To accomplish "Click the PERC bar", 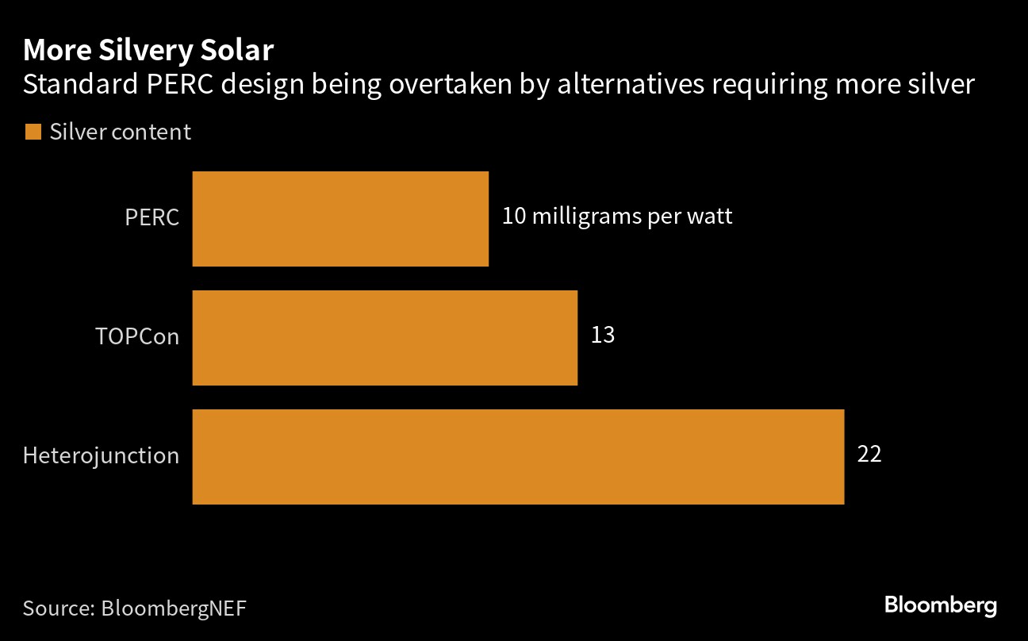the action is coord(340,219).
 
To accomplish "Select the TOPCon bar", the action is coord(385,338).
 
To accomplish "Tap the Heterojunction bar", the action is coord(518,457).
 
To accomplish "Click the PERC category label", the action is coord(152,217).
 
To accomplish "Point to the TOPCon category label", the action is coord(137,336).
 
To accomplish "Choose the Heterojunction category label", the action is coord(101,456).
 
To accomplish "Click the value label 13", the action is coord(603,335).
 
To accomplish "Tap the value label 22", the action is coord(869,455).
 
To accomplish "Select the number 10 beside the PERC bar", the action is coord(514,216).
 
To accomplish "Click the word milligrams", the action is coord(586,217).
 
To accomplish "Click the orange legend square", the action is coord(33,132).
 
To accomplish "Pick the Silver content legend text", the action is coord(121,132).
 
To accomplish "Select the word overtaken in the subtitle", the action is coord(450,85).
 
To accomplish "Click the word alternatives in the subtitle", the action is coord(631,85).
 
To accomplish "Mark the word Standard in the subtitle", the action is coord(80,85).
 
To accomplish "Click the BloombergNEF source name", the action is coord(174,608).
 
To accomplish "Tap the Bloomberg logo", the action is coord(941,605).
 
